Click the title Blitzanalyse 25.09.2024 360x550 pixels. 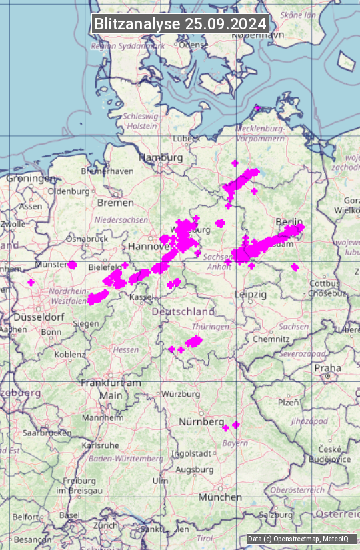pyautogui.click(x=180, y=24)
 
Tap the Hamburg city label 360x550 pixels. pyautogui.click(x=161, y=157)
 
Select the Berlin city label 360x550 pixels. pyautogui.click(x=289, y=222)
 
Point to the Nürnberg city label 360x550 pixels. pyautogui.click(x=201, y=422)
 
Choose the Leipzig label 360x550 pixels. pyautogui.click(x=251, y=294)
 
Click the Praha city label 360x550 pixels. pyautogui.click(x=328, y=367)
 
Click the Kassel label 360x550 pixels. pyautogui.click(x=142, y=296)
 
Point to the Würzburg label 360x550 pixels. pyautogui.click(x=181, y=394)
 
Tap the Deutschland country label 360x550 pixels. pyautogui.click(x=183, y=311)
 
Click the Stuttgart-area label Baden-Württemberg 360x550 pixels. pyautogui.click(x=126, y=459)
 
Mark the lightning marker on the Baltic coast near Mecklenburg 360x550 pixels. pyautogui.click(x=257, y=107)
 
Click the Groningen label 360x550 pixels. pyautogui.click(x=31, y=179)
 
